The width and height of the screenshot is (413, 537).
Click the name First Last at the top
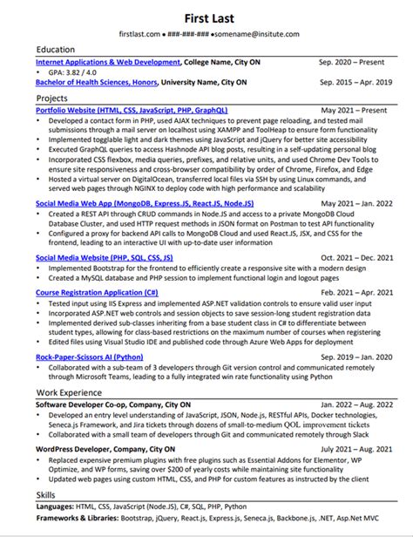pos(206,17)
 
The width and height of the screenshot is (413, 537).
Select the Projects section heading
pos(51,99)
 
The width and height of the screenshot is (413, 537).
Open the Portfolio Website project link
pos(132,112)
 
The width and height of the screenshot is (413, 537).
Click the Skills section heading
pos(44,495)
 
